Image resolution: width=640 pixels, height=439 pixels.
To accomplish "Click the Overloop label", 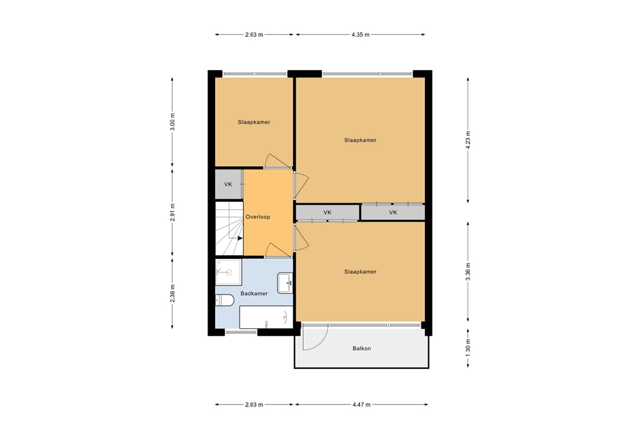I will (x=257, y=217).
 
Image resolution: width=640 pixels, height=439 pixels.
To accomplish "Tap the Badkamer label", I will (x=254, y=293).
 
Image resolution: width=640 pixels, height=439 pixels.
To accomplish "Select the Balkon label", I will (x=361, y=348).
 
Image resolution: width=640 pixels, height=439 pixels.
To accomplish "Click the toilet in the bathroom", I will (x=224, y=301).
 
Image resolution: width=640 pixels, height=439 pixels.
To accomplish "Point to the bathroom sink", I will (x=285, y=282).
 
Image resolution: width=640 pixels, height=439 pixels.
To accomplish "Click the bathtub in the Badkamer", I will (x=266, y=317).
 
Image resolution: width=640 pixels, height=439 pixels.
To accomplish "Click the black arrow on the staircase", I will (x=239, y=238).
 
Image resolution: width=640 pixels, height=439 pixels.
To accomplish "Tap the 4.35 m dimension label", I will (x=360, y=34).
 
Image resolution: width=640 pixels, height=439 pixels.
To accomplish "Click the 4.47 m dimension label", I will (x=361, y=405).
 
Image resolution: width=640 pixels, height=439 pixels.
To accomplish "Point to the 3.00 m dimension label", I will (x=173, y=121).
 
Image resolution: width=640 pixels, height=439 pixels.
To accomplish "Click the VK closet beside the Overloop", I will (x=228, y=184).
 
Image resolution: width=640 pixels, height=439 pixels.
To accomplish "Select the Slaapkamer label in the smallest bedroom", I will (x=254, y=122).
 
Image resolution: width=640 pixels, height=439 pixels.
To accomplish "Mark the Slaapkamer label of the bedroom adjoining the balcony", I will (x=360, y=272).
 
